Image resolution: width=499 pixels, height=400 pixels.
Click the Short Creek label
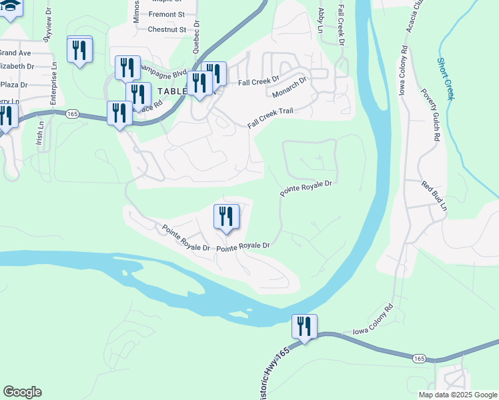[446, 79]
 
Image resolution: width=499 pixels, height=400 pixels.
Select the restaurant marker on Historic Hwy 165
[304, 327]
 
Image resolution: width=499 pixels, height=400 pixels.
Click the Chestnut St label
[166, 29]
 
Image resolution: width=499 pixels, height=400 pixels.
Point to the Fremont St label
[167, 14]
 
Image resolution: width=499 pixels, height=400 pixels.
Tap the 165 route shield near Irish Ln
[73, 114]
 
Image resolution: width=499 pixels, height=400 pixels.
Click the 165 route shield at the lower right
[419, 359]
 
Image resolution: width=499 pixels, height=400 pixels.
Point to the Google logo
[22, 392]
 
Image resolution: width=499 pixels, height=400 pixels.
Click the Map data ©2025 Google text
[457, 395]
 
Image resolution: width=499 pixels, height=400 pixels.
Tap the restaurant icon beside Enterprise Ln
[79, 49]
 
